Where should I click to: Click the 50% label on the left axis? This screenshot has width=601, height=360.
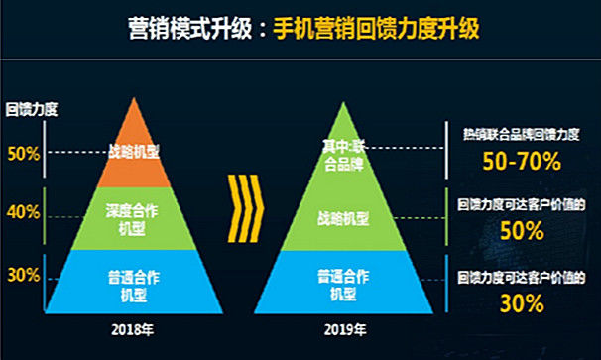22,153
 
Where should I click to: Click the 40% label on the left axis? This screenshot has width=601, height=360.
22,211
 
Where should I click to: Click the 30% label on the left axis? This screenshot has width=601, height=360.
22,275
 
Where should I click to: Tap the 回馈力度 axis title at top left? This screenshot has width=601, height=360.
30,109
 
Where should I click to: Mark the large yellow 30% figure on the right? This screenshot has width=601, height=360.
521,303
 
